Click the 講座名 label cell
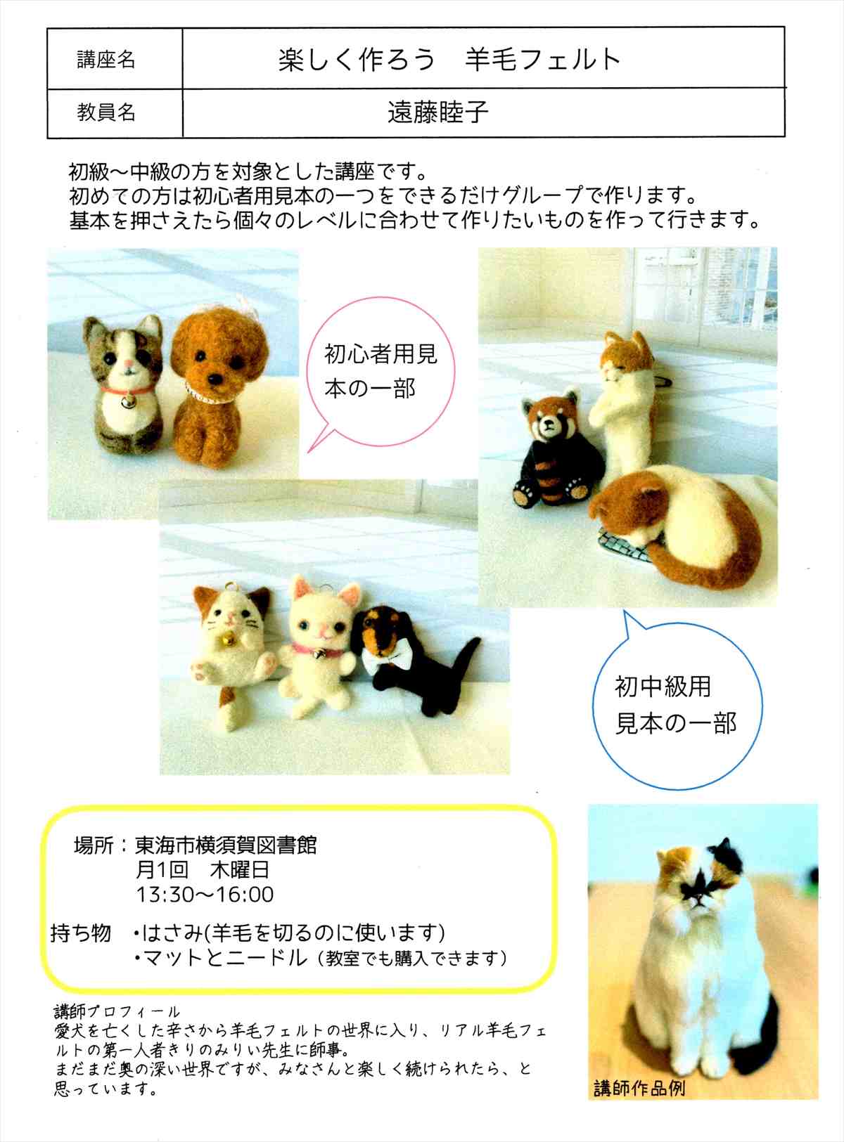point(115,59)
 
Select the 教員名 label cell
point(115,112)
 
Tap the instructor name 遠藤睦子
point(437,112)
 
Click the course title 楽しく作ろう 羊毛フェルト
point(450,59)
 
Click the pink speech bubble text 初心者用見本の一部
point(381,371)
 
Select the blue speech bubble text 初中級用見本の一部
point(675,705)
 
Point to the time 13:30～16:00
point(205,895)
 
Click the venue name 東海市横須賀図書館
point(226,845)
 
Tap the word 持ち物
point(81,933)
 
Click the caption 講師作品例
point(639,1088)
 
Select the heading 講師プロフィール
point(117,1012)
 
